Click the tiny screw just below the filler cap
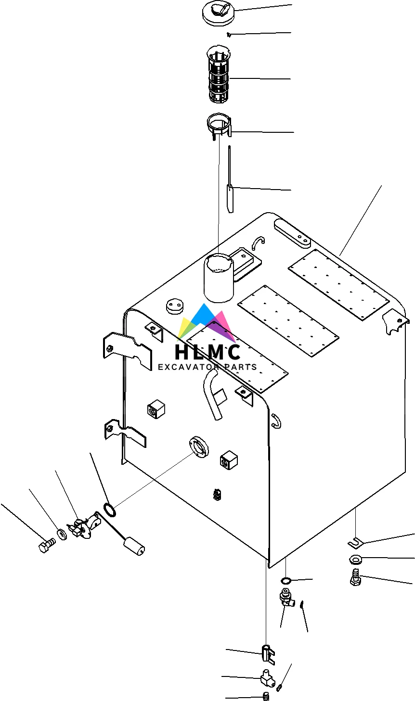pos(229,34)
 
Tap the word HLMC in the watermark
pos(207,352)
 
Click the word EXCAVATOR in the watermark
pos(187,367)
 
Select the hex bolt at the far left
pos(46,546)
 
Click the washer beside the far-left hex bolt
pos(62,533)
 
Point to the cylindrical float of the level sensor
pos(135,547)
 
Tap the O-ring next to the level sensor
pos(110,509)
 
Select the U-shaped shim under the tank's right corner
pos(355,543)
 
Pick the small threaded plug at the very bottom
pos(266,696)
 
